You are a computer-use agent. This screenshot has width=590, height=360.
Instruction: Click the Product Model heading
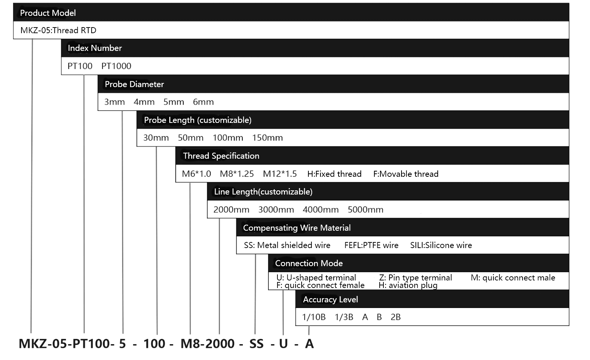point(48,13)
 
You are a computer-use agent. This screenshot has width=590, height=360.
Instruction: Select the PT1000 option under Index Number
point(116,66)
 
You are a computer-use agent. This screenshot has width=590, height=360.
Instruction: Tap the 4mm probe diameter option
point(144,102)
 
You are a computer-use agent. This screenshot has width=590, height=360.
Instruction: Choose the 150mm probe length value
point(267,138)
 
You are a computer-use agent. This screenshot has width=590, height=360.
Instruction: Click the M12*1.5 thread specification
point(280,174)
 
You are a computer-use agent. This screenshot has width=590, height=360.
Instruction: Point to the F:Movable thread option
point(406,174)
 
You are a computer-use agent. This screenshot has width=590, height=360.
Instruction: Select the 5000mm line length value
point(366,210)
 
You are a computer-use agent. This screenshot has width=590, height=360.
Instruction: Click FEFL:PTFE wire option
point(371,245)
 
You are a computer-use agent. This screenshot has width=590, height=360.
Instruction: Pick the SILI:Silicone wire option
point(441,245)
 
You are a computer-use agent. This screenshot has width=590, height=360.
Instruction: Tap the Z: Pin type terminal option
point(415,277)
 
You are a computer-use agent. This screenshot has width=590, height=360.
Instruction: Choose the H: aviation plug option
point(408,285)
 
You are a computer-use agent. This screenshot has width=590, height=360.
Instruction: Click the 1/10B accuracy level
point(314,317)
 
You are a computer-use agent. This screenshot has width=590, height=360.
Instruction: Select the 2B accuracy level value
point(395,317)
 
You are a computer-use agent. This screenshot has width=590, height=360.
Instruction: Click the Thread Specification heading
point(221,156)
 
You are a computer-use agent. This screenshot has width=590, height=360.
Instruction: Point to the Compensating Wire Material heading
point(297,228)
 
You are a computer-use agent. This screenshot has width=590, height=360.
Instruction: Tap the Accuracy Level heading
point(330,299)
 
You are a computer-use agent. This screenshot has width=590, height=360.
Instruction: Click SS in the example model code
point(256,344)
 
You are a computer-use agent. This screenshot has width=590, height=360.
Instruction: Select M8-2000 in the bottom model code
point(208,344)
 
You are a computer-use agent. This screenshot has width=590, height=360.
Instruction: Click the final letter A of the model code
point(310,344)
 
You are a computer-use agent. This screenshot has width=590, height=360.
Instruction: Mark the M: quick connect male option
point(513,277)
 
